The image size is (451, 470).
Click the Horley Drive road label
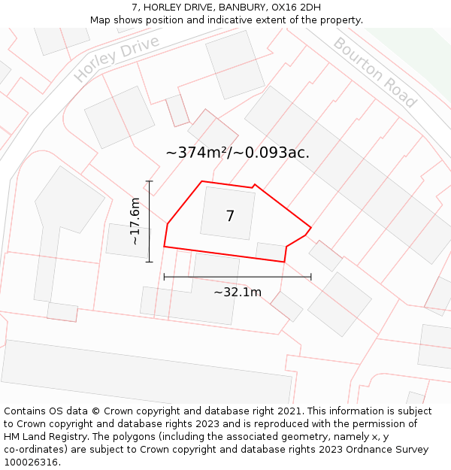coord(117,58)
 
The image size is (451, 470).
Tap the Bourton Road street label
coord(374,71)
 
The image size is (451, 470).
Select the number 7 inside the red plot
coord(230,217)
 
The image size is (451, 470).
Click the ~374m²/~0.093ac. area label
coord(238,153)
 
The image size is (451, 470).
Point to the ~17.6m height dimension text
coord(135,221)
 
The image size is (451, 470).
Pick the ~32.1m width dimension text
coord(238,292)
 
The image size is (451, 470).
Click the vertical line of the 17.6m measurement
coord(150,222)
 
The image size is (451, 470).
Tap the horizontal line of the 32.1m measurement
coord(238,277)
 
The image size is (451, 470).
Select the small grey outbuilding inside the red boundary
coord(271,251)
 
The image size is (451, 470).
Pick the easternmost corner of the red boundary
coord(310,228)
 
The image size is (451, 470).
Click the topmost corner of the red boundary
coord(201,181)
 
